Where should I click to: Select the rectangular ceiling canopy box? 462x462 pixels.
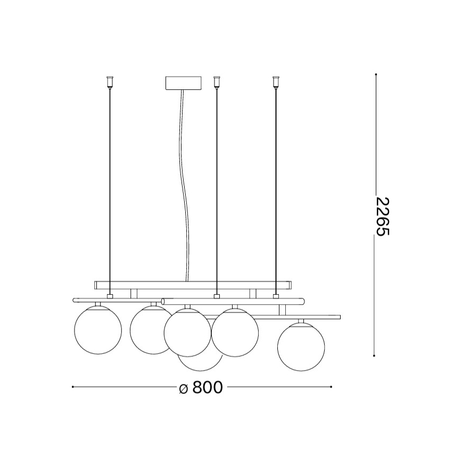click(184, 84)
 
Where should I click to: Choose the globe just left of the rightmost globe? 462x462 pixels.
click(235, 332)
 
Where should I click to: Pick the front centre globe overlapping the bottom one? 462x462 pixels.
click(187, 332)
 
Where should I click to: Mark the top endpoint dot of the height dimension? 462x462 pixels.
click(376, 75)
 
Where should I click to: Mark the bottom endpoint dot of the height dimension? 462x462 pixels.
click(376, 355)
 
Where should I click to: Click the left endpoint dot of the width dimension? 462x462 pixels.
click(72, 387)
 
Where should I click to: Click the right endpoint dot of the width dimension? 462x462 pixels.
click(331, 387)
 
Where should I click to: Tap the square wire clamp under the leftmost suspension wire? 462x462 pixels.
click(110, 296)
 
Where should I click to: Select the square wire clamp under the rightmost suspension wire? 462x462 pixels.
click(276, 296)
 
